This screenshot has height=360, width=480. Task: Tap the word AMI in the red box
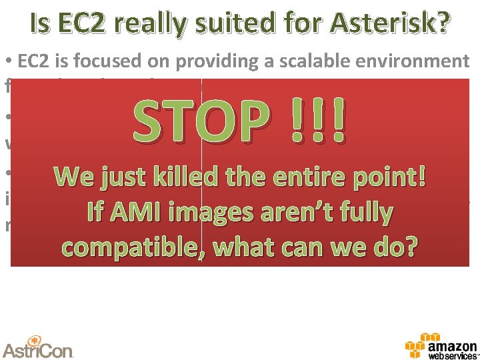pyautogui.click(x=135, y=213)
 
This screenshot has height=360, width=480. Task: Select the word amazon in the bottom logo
pyautogui.click(x=453, y=347)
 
